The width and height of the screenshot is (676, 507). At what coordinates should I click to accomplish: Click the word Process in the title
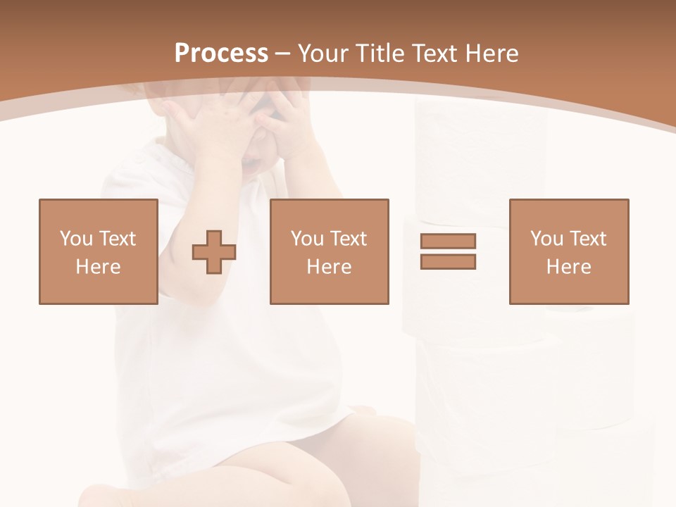click(221, 54)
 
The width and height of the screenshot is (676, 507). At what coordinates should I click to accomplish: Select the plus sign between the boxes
click(214, 252)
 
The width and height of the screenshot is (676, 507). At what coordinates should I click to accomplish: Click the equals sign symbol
click(448, 251)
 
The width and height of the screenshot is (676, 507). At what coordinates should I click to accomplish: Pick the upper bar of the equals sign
click(448, 241)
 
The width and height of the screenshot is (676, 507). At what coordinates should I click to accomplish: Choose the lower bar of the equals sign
click(448, 261)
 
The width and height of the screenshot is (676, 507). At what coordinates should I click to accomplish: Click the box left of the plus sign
click(99, 251)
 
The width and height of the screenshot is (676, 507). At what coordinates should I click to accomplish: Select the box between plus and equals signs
click(330, 251)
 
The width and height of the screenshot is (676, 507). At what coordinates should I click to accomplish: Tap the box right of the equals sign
click(569, 251)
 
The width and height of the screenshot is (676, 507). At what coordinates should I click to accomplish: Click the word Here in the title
click(491, 54)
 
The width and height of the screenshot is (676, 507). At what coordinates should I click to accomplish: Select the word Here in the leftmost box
click(99, 267)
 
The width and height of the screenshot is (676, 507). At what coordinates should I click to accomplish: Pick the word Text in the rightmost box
click(589, 239)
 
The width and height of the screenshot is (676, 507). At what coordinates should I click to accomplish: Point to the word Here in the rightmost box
click(569, 267)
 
